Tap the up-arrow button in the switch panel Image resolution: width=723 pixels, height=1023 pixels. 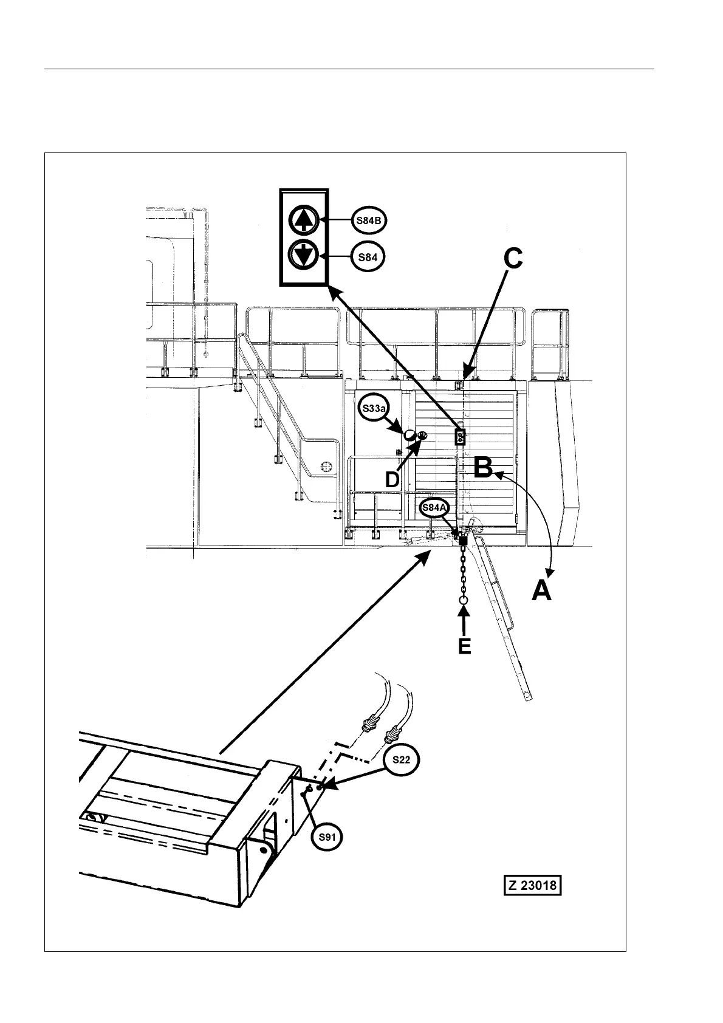click(x=303, y=219)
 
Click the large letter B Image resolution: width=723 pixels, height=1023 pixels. click(x=483, y=468)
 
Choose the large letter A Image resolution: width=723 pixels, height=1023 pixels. click(x=542, y=590)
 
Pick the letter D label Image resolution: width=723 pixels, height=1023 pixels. click(x=392, y=480)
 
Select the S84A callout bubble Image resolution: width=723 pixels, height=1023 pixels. click(x=434, y=507)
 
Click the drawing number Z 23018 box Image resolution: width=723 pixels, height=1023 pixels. click(x=532, y=885)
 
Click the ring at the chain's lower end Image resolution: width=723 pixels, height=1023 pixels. click(x=464, y=600)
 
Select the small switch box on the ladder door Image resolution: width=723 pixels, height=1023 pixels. click(x=461, y=436)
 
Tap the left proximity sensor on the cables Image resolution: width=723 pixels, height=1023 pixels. click(x=368, y=724)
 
